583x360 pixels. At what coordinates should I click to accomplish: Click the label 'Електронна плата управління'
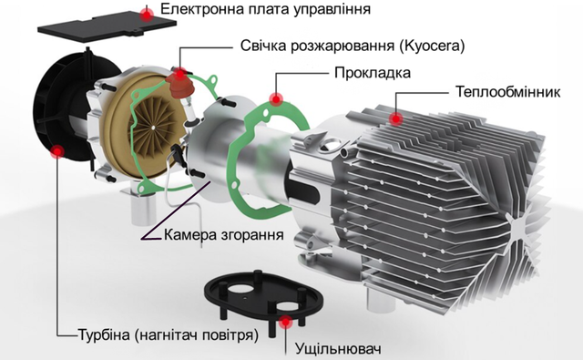265,9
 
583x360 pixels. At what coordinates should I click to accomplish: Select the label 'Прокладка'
373,73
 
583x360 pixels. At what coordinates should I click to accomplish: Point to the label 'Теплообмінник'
508,92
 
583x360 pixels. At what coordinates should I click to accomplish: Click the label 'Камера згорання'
223,235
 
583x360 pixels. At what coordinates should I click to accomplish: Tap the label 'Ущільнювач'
338,349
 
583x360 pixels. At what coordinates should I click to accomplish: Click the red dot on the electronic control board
148,15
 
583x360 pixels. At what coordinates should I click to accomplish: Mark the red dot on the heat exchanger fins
395,119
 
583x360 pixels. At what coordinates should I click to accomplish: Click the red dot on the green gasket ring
276,99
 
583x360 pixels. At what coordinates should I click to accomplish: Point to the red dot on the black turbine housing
57,151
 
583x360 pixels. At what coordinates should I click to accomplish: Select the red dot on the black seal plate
285,323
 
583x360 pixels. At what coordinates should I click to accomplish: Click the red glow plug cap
180,86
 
